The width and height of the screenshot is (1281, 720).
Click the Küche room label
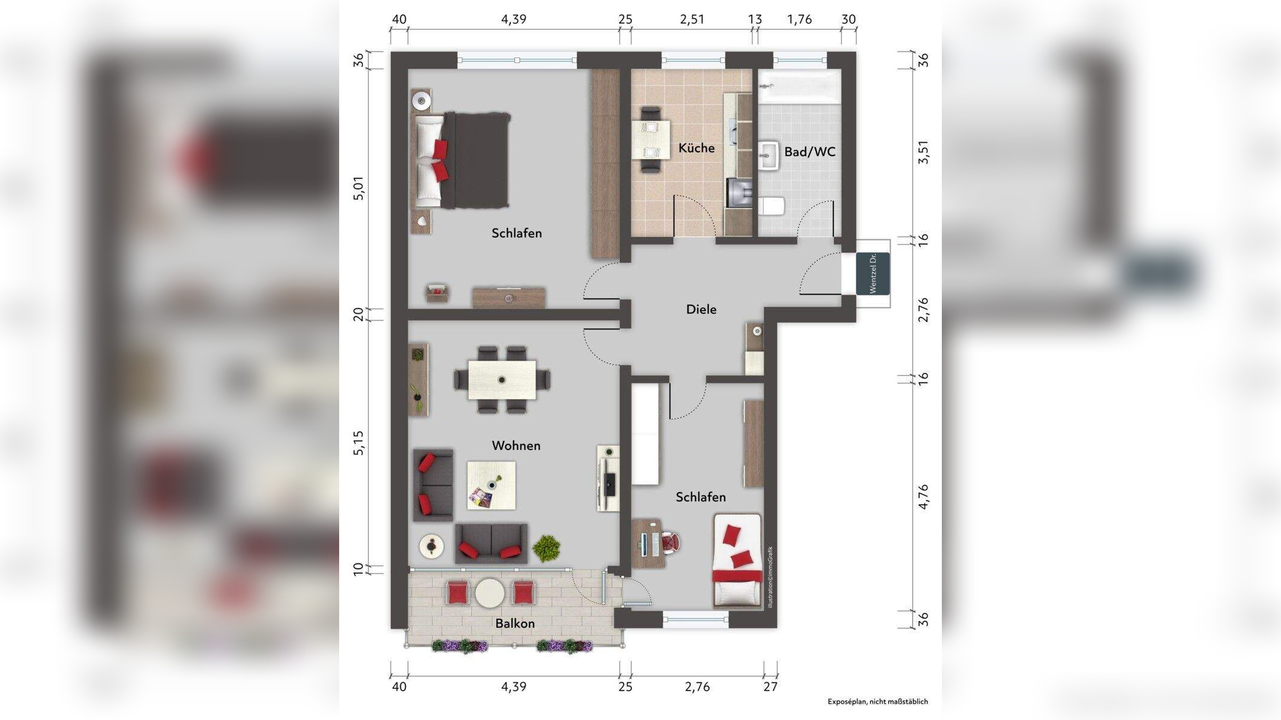[696, 148]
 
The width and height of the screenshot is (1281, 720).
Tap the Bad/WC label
[810, 152]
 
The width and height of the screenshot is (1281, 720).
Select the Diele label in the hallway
[701, 309]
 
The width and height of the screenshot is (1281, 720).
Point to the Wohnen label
[516, 445]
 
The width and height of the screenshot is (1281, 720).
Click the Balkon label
[515, 623]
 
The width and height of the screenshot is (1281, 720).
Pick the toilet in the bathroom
[771, 206]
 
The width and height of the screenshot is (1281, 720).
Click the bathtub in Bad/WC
[799, 86]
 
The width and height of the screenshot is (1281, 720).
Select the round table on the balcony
[490, 593]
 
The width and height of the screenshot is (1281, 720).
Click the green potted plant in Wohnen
[546, 548]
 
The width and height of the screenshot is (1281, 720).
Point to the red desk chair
[670, 542]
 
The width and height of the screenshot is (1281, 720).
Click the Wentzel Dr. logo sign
[872, 274]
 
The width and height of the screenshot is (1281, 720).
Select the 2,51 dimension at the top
[692, 19]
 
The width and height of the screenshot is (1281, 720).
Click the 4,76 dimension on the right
[923, 497]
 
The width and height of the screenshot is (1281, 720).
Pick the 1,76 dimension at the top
[799, 19]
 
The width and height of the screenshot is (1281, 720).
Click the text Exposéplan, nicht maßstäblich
[878, 701]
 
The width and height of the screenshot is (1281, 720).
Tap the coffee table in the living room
[491, 485]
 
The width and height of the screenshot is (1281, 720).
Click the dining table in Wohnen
[502, 379]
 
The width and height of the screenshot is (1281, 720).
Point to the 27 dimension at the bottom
[770, 687]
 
